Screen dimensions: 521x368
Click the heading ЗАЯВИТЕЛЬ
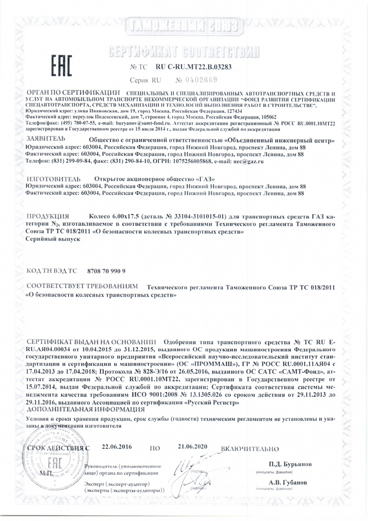coord(46,139)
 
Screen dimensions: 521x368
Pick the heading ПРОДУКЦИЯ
coord(48,216)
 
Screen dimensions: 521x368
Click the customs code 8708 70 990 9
coord(106,270)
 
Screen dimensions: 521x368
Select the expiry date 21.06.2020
coord(193,446)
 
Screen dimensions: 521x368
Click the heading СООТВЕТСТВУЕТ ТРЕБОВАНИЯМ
coord(82,287)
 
